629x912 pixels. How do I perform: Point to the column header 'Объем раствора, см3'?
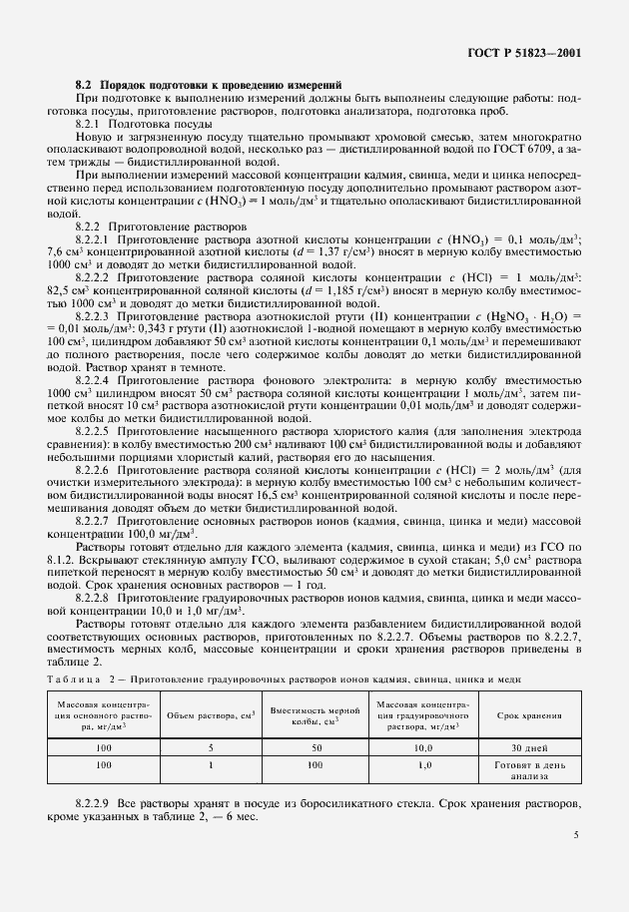[x=211, y=715]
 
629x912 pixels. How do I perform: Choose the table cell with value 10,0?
[x=422, y=746]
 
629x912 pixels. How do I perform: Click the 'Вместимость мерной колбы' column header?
[x=315, y=715]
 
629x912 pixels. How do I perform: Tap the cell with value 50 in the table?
[x=315, y=746]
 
